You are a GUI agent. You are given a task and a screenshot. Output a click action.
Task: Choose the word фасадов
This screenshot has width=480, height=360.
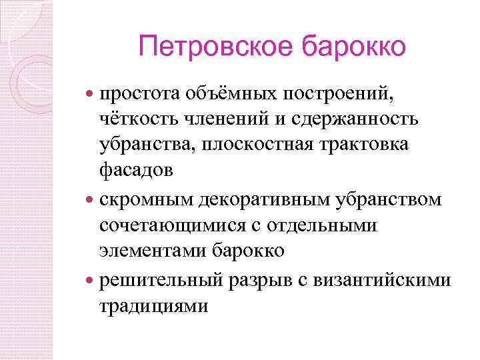(x=136, y=170)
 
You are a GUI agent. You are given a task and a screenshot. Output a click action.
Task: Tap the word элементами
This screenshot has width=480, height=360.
(x=153, y=251)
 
